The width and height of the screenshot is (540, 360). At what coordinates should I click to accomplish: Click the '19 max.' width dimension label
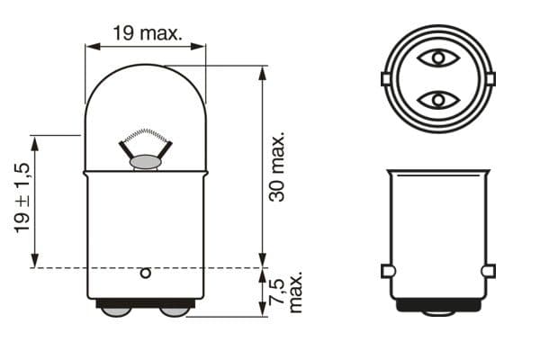click(147, 34)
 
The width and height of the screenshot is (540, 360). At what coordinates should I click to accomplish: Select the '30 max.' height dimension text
click(277, 167)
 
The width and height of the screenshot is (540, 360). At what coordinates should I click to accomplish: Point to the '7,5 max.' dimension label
click(287, 292)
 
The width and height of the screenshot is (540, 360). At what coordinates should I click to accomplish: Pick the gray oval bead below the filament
click(145, 162)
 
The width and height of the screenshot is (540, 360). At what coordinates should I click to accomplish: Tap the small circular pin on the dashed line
click(146, 272)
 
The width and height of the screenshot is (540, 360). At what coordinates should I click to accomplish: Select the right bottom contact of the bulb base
click(175, 310)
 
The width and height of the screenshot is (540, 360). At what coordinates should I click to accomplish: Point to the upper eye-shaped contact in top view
click(438, 59)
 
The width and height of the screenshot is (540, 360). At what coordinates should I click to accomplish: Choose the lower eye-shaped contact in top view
click(438, 99)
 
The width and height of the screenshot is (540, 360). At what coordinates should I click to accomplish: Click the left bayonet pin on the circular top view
click(385, 79)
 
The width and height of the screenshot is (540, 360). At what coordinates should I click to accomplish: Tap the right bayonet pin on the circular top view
click(490, 79)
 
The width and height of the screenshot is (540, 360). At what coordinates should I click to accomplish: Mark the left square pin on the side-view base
click(386, 271)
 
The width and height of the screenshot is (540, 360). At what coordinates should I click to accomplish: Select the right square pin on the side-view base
click(489, 271)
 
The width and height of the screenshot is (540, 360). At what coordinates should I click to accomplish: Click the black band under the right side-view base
click(438, 305)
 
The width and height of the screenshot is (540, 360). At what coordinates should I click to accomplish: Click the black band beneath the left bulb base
click(144, 304)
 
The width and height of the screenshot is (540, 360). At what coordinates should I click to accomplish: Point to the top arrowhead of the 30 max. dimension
click(262, 71)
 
